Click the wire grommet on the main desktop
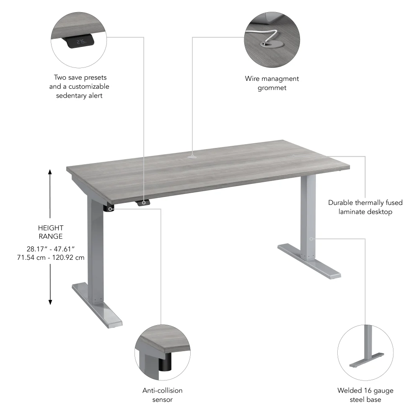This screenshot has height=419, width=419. pyautogui.click(x=192, y=157)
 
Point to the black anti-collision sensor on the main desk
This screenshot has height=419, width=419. pyautogui.click(x=110, y=208)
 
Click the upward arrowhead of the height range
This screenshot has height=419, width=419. pyautogui.click(x=50, y=171)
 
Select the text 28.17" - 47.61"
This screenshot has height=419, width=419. pyautogui.click(x=50, y=248)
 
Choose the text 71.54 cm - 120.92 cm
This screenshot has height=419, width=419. pyautogui.click(x=50, y=257)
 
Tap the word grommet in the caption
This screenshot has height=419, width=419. pyautogui.click(x=272, y=88)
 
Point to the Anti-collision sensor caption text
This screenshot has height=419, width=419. pyautogui.click(x=163, y=395)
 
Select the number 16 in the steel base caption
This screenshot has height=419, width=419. pyautogui.click(x=366, y=391)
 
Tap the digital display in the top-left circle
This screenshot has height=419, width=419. pyautogui.click(x=81, y=41)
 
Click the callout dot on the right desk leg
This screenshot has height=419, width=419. pyautogui.click(x=311, y=239)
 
